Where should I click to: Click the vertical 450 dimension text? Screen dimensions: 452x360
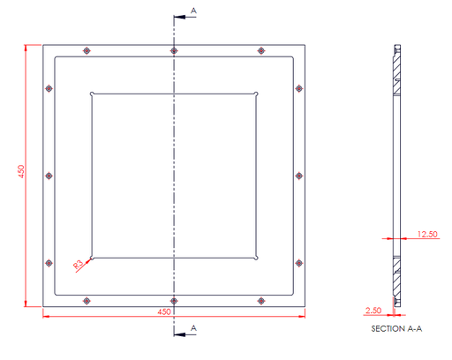[21, 171]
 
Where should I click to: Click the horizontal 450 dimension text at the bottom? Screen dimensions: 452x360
[164, 311]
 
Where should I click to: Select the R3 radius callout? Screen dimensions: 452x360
[79, 265]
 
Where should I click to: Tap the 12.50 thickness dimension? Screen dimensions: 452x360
[427, 234]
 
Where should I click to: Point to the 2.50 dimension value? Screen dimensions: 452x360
[373, 311]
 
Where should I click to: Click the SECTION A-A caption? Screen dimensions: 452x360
[396, 328]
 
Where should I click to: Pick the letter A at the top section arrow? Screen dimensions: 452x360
[193, 11]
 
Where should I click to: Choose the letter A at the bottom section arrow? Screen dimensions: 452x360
[193, 328]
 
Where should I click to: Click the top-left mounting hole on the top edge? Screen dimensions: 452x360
[87, 50]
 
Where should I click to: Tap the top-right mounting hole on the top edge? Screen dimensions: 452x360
[261, 50]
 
